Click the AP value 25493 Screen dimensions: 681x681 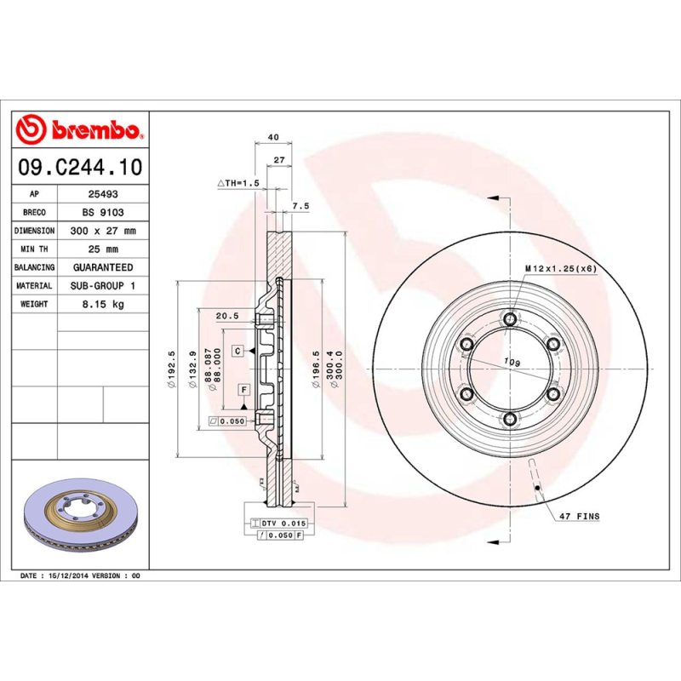(x=103, y=194)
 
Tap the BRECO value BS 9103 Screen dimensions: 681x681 (x=103, y=213)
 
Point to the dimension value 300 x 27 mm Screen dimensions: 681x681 (x=103, y=231)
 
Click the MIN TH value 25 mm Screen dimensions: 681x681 (x=103, y=249)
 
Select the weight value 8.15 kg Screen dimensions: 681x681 (x=103, y=304)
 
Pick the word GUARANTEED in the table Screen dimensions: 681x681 (x=103, y=267)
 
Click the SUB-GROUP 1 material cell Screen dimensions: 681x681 (x=103, y=286)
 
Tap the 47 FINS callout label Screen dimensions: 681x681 (x=579, y=517)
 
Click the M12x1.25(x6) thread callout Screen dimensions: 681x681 (x=559, y=268)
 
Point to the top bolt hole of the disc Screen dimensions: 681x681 (x=509, y=318)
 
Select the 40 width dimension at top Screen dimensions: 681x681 (x=273, y=137)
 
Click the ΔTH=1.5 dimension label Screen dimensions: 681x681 (x=237, y=183)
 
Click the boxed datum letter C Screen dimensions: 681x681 (x=239, y=351)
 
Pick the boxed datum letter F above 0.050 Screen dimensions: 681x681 (x=243, y=389)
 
